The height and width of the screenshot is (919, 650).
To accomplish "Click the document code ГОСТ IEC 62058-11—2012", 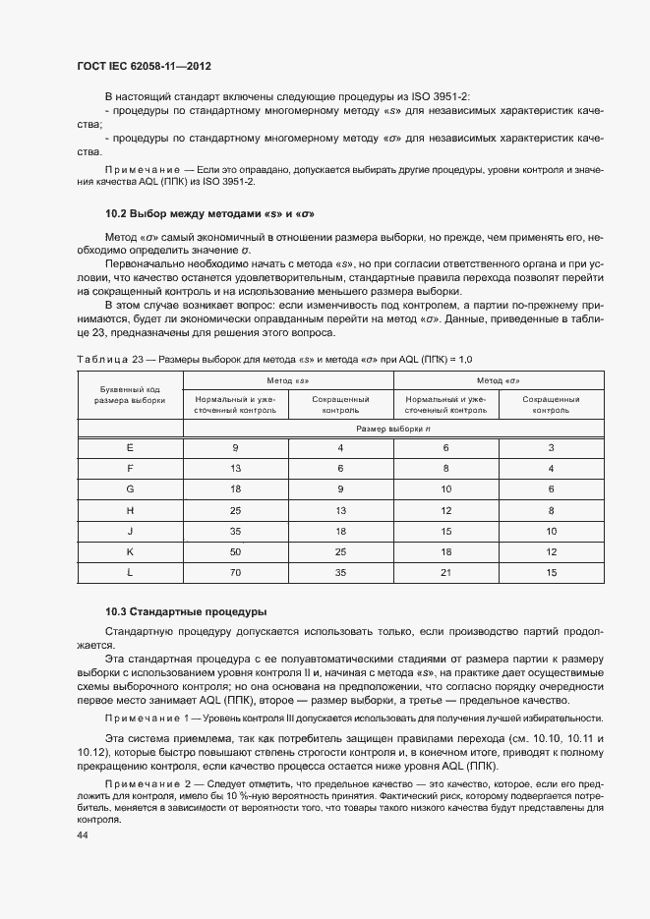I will click(x=145, y=67).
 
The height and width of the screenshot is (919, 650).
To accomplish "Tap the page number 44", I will click(x=83, y=834).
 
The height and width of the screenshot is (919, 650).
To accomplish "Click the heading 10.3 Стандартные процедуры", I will click(x=185, y=611).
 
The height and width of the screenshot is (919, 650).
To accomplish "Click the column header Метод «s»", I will click(x=288, y=380).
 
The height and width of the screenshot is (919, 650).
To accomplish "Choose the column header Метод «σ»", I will click(x=499, y=380).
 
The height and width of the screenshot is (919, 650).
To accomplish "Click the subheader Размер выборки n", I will click(x=393, y=429).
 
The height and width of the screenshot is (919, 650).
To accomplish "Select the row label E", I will click(x=130, y=448).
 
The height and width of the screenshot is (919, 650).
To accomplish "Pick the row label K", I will click(x=130, y=551).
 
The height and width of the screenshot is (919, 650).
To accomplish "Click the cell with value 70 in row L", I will click(x=236, y=572).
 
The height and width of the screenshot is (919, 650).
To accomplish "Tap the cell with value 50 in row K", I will click(x=236, y=551).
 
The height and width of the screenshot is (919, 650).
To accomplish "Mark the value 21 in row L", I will click(x=445, y=572).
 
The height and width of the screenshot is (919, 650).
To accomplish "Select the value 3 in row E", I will click(x=552, y=448).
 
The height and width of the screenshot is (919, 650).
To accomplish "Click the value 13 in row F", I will click(x=236, y=469).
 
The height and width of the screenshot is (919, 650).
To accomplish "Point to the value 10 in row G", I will click(x=445, y=489).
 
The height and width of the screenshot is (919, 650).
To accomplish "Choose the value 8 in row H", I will click(x=552, y=510).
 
